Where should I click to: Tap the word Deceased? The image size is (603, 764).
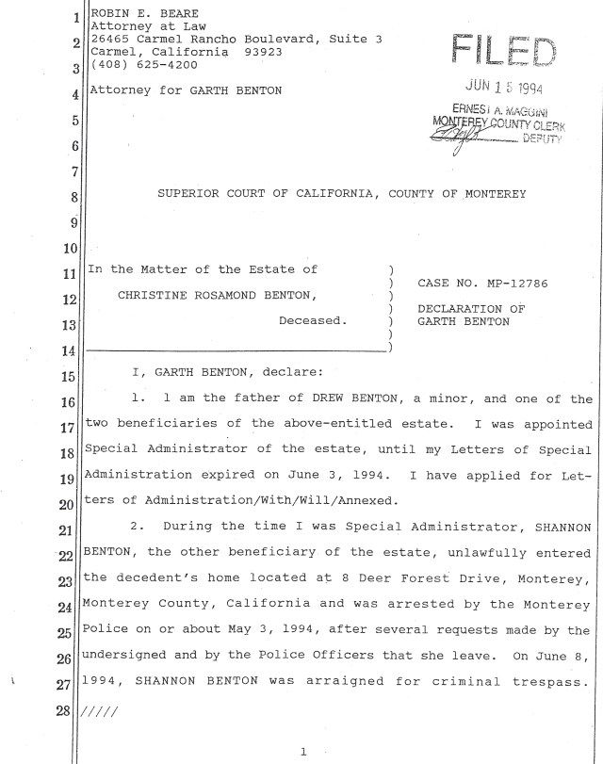click(312, 320)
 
